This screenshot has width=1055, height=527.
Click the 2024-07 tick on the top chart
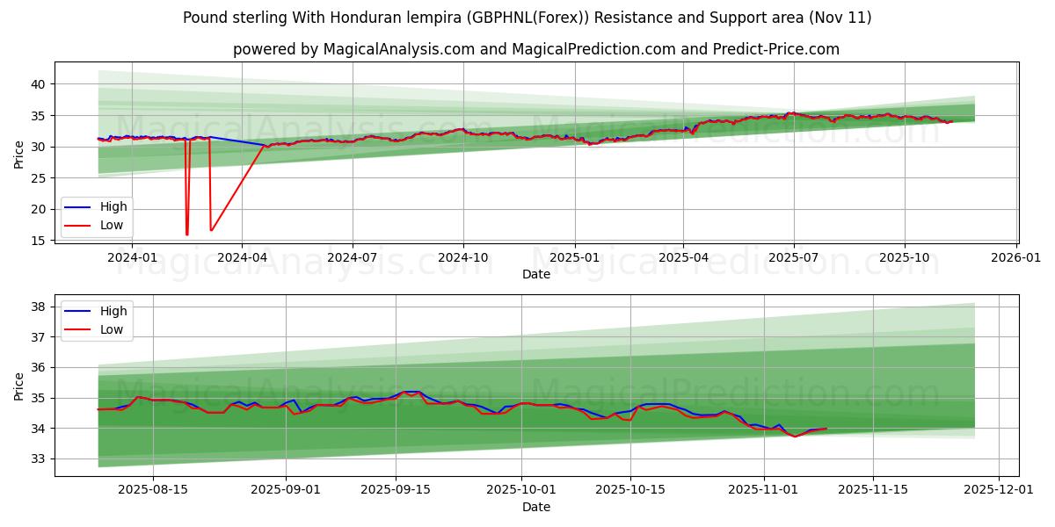[353, 257]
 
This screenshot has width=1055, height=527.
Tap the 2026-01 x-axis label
[1016, 257]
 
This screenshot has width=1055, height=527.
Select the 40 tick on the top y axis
[36, 84]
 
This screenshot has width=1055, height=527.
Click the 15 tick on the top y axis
[36, 241]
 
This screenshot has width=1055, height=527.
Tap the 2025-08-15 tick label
[153, 490]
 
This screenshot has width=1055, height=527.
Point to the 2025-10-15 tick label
[629, 490]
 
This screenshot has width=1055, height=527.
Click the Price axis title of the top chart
[19, 155]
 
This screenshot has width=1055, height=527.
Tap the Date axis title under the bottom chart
[535, 507]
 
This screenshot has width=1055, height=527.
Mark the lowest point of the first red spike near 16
[186, 235]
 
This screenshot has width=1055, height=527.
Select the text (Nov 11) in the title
[840, 18]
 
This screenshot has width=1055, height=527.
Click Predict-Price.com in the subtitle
[787, 49]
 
